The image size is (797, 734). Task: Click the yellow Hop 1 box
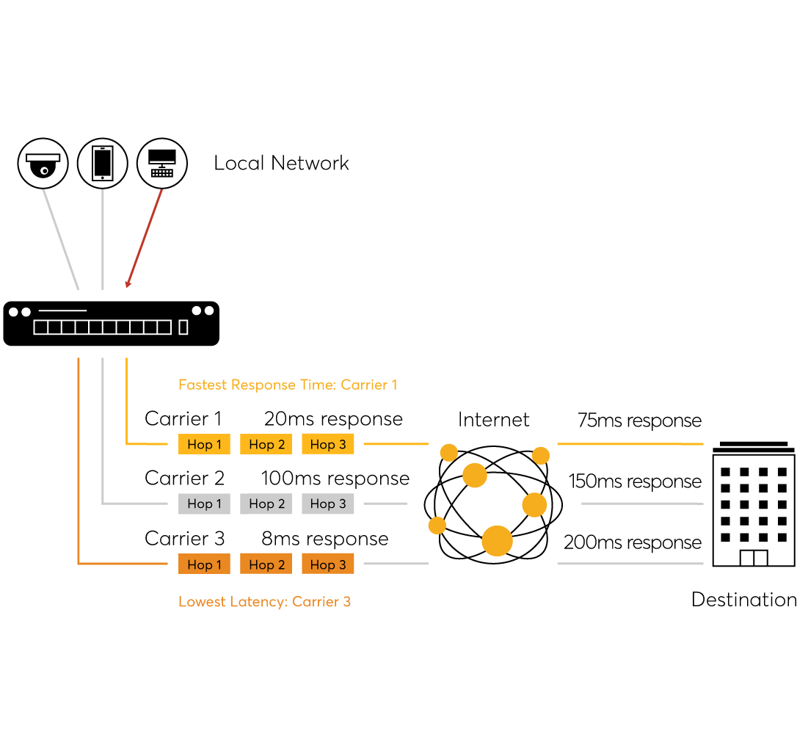(204, 444)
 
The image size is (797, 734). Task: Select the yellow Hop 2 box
(266, 444)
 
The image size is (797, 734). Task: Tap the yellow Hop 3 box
(327, 444)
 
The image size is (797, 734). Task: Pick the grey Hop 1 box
(204, 504)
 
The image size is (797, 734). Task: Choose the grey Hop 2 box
(266, 504)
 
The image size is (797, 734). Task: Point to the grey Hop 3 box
(327, 504)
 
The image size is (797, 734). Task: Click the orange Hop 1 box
(204, 564)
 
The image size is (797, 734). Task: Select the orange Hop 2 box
(266, 564)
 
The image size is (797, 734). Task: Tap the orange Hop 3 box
(327, 564)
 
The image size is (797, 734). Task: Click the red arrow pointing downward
(144, 239)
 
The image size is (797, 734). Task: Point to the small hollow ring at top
(44, 171)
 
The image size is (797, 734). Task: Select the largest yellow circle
(497, 541)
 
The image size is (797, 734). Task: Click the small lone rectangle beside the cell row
(183, 327)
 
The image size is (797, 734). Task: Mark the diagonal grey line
(61, 239)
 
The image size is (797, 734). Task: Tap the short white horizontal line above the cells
(62, 310)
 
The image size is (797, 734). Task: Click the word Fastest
(203, 385)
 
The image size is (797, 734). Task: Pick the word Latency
(260, 602)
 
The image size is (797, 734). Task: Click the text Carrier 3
(321, 602)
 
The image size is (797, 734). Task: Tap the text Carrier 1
(368, 385)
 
